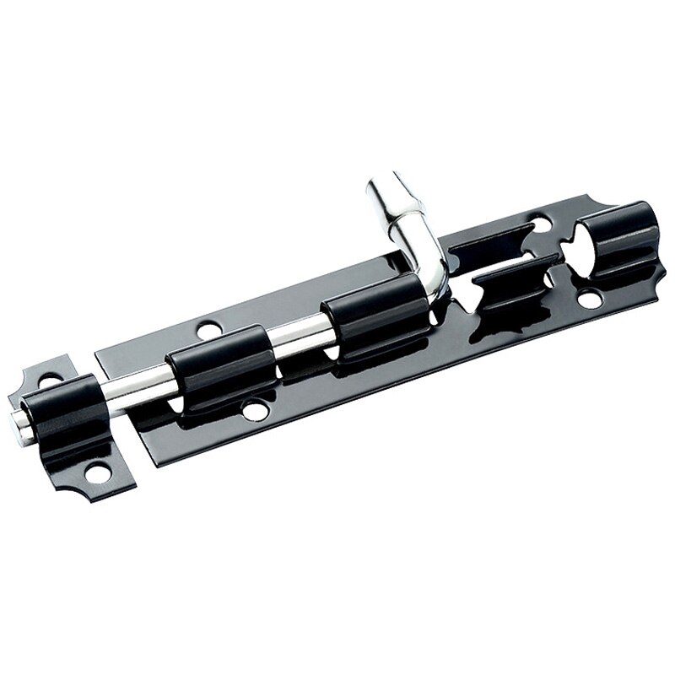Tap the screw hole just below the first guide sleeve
coord(252,413)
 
